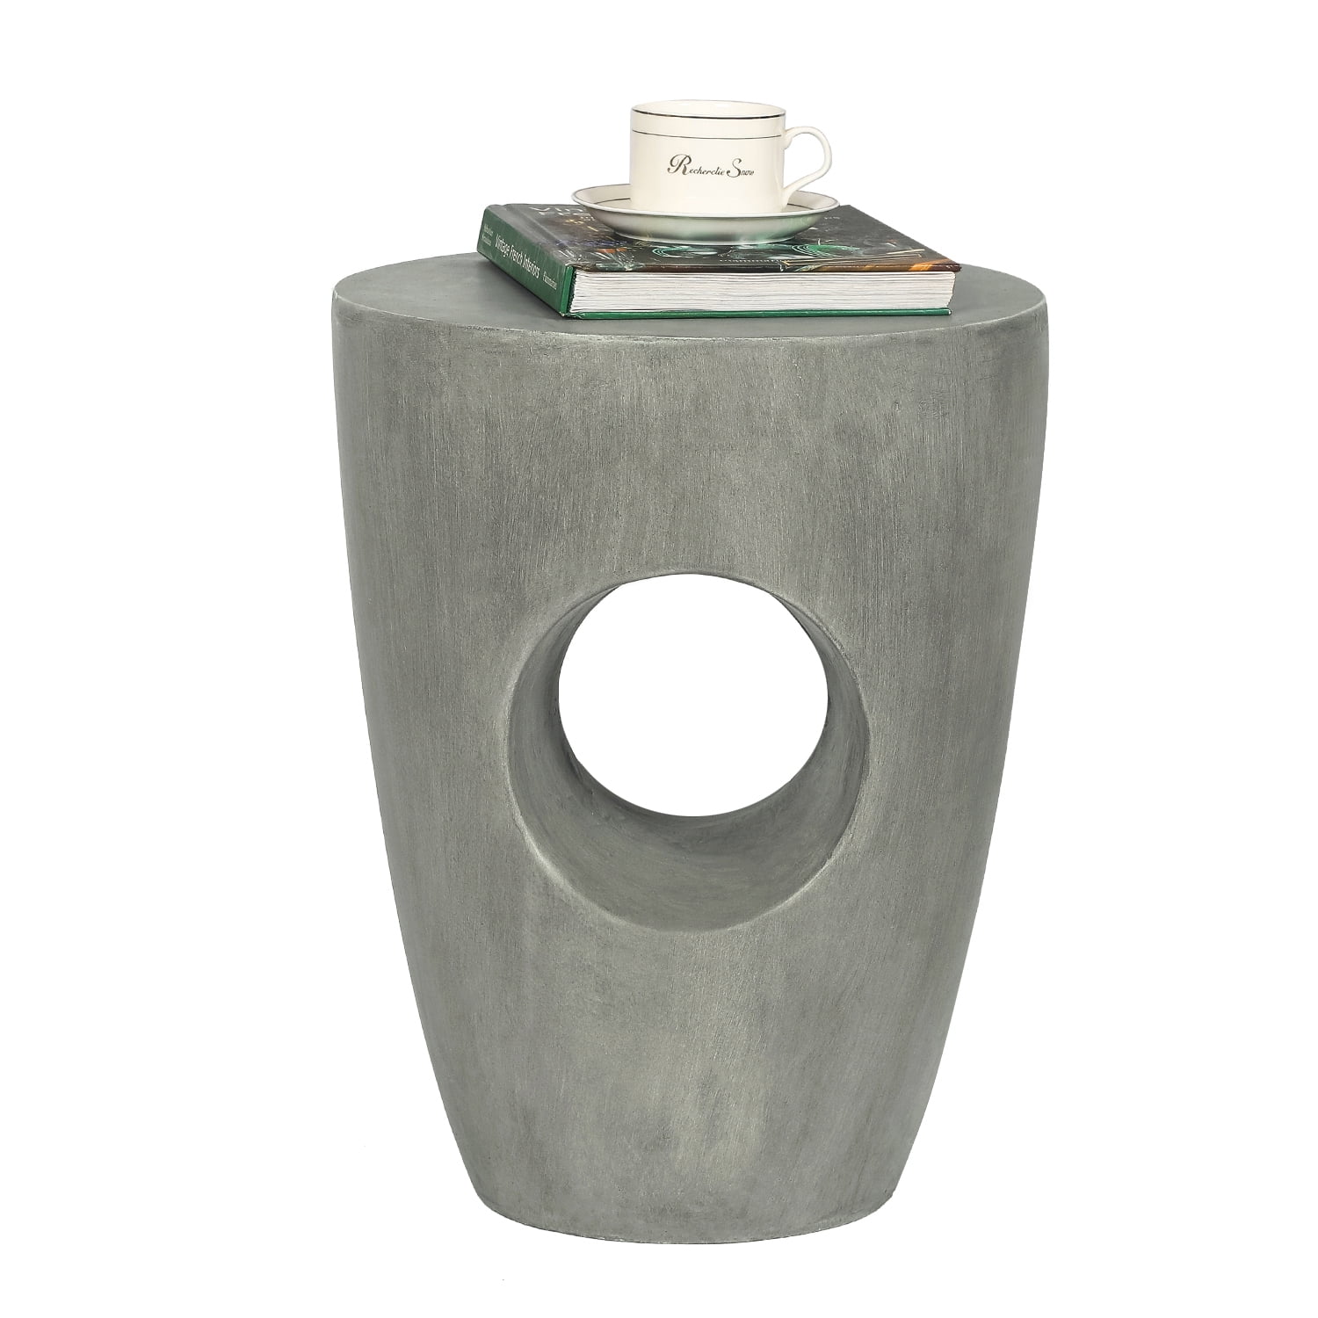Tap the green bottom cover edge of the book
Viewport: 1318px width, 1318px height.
(x=756, y=310)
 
